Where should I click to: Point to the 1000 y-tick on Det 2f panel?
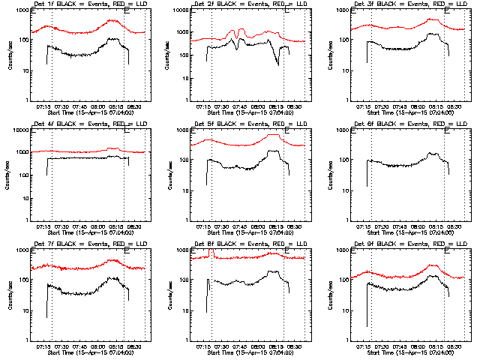tap(178, 33)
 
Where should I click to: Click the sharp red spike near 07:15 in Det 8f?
tap(213, 253)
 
